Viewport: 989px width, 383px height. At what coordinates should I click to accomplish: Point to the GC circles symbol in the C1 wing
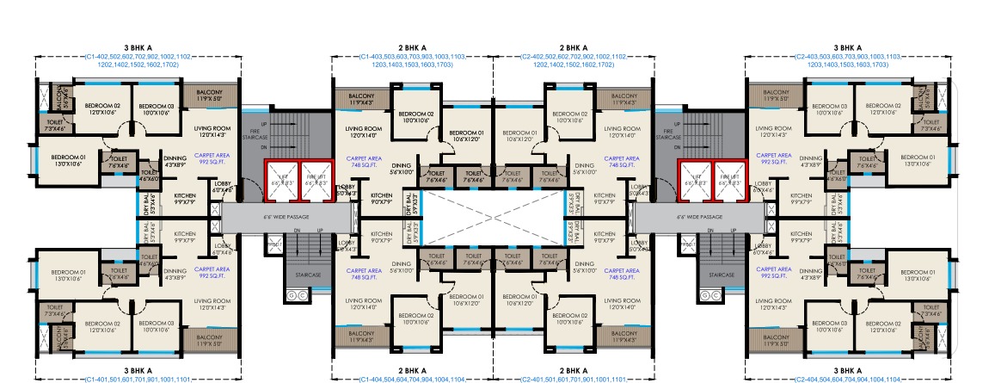292,295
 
